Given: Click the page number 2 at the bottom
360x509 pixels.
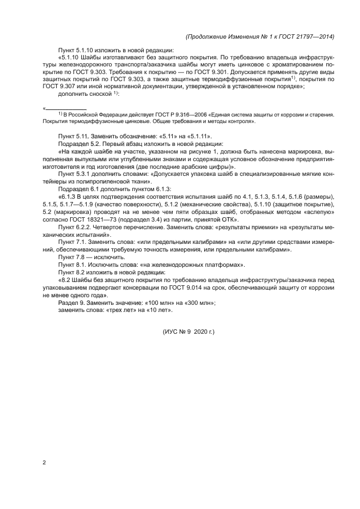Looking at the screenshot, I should point(44,463).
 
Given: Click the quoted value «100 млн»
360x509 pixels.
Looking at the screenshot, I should point(139,303).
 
